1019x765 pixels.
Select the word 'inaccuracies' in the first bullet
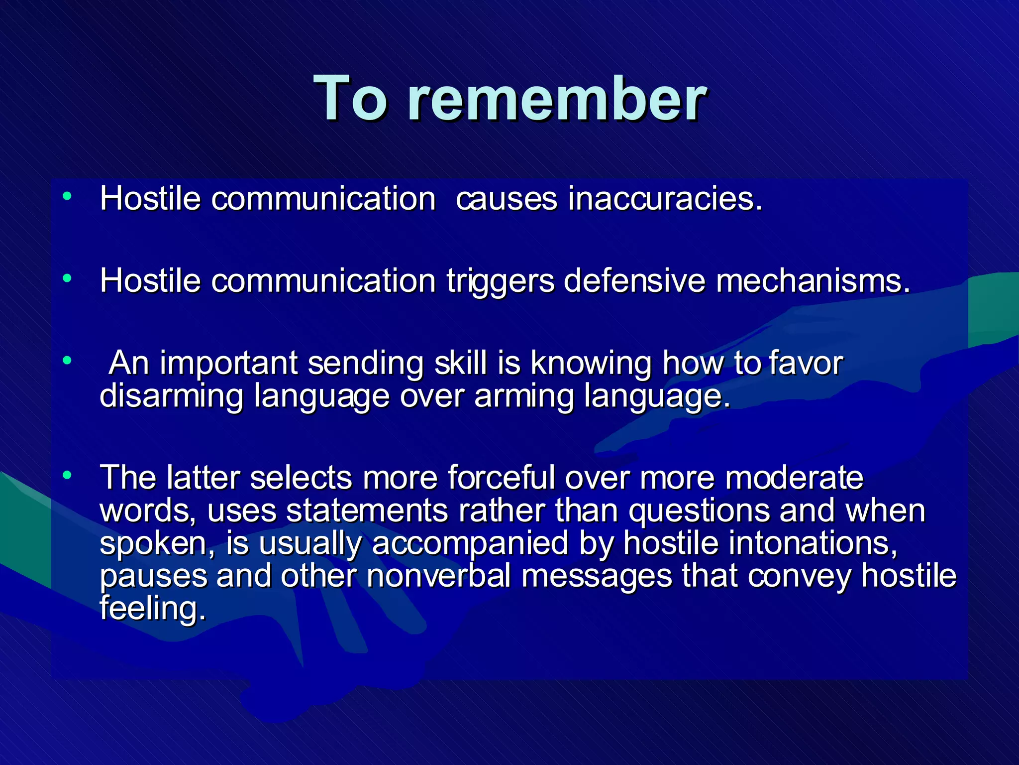point(665,199)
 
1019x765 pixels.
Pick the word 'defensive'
point(634,281)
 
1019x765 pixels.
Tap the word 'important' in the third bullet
point(228,364)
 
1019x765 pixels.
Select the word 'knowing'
point(591,364)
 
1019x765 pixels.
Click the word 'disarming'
point(171,396)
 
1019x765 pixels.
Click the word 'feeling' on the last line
point(152,609)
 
